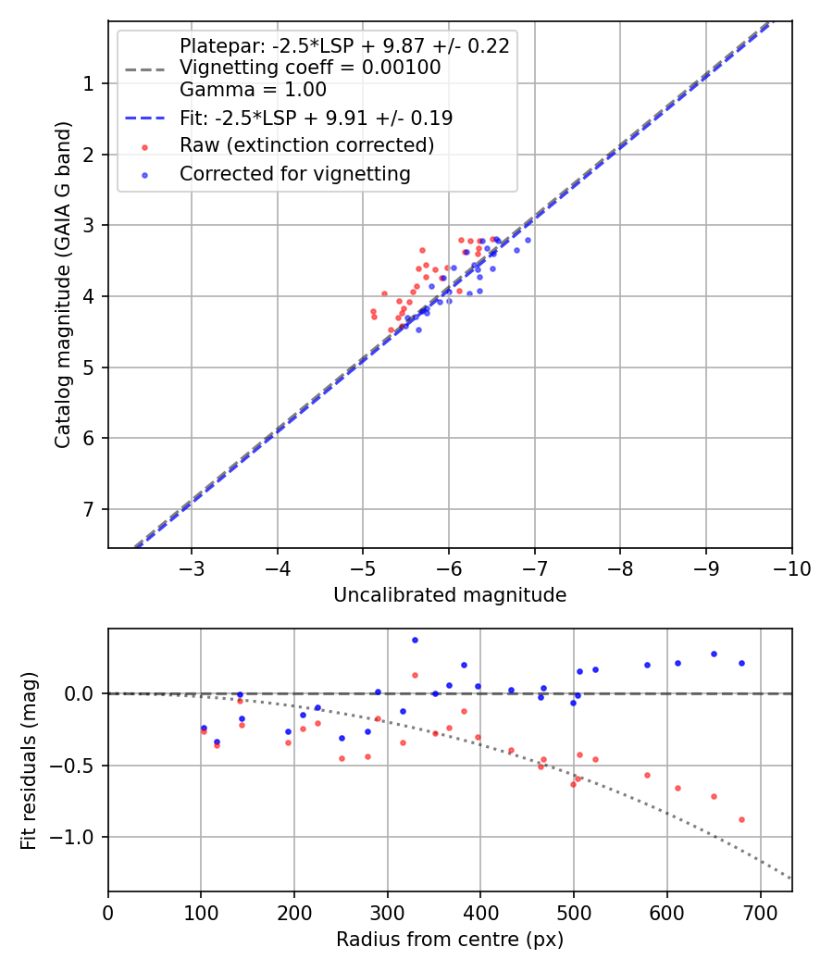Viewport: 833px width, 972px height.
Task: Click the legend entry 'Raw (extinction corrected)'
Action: (306, 146)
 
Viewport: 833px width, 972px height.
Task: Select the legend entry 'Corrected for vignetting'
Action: (295, 174)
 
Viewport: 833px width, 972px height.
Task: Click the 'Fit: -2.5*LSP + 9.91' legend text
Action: (316, 118)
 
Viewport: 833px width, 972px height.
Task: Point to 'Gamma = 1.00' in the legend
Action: (253, 90)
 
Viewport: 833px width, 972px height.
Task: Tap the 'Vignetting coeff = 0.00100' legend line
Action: (310, 68)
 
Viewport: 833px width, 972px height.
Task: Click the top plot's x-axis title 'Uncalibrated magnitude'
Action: (450, 595)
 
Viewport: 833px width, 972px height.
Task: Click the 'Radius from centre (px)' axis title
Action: (450, 940)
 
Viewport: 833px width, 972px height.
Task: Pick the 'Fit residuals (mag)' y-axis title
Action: (29, 759)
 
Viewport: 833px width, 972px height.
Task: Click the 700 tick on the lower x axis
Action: (760, 912)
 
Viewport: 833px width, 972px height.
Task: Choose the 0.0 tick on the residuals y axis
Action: (81, 693)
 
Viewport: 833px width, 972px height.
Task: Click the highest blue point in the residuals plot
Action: (415, 640)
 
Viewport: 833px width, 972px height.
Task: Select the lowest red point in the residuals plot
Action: (741, 819)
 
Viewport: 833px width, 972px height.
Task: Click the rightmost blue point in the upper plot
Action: (528, 240)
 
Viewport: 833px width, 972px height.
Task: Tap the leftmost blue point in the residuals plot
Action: (204, 728)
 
